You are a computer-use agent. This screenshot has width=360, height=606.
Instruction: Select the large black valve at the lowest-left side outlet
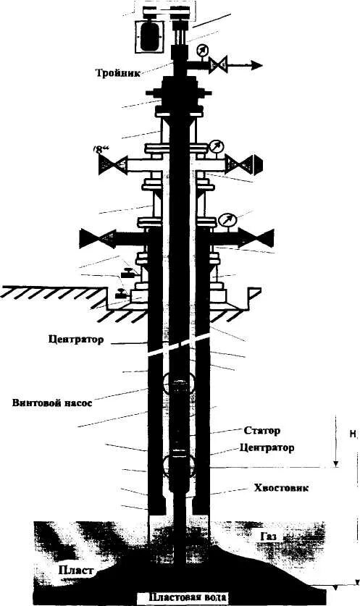point(93,237)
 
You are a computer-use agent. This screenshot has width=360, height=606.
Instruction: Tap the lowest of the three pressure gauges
point(227,219)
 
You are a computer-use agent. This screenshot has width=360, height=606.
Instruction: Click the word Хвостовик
point(282,489)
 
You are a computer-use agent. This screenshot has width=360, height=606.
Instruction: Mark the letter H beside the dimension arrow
point(353,435)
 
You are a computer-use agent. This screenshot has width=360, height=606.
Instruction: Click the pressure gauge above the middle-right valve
point(216,147)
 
